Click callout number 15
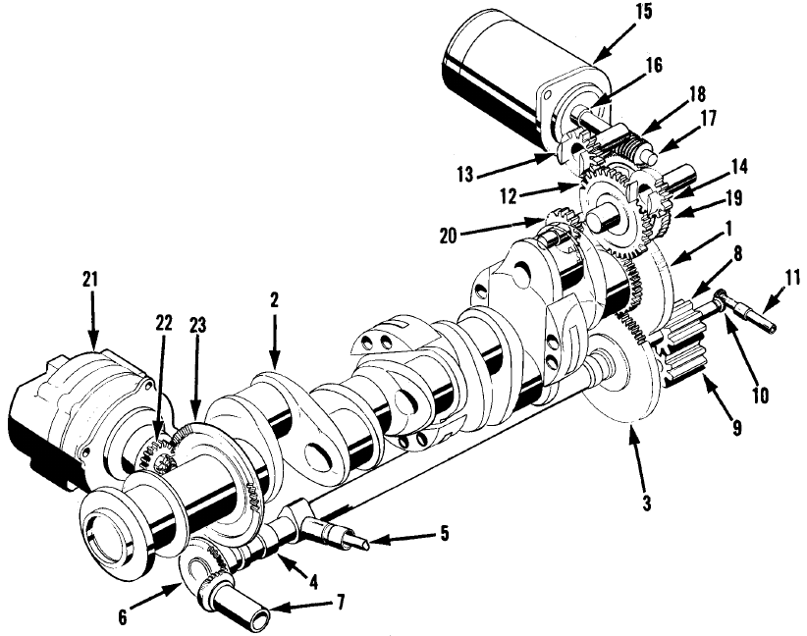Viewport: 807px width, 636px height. pos(643,12)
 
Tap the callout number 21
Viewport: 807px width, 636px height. pos(91,280)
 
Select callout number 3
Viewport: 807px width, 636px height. pos(646,503)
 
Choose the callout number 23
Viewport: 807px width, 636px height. pos(198,325)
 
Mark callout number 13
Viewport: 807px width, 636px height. pos(464,175)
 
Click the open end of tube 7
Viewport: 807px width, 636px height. pos(261,614)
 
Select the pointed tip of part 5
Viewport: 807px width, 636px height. pos(365,543)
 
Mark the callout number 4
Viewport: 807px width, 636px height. pos(312,582)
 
